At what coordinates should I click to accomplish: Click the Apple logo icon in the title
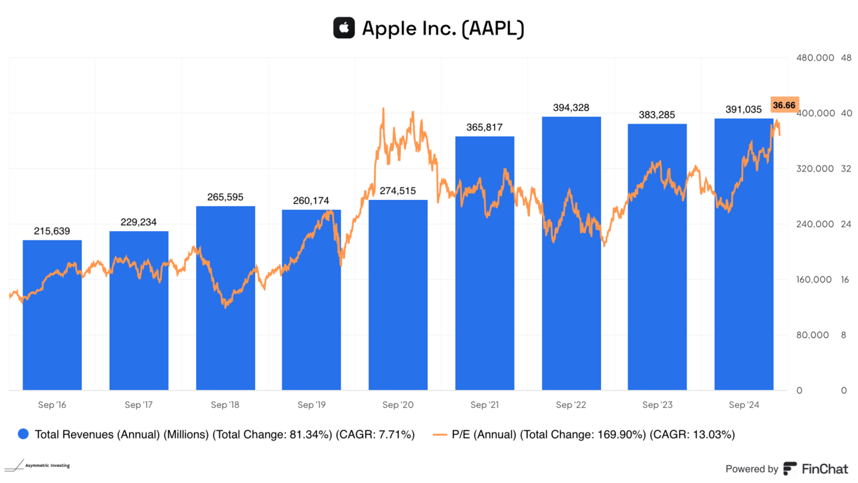pyautogui.click(x=344, y=28)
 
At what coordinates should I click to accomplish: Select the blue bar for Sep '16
pyautogui.click(x=52, y=315)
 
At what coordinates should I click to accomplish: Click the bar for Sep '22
pyautogui.click(x=571, y=253)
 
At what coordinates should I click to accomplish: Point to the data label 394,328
pyautogui.click(x=571, y=108)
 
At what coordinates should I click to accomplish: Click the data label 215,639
pyautogui.click(x=52, y=231)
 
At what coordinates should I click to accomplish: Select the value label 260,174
pyautogui.click(x=311, y=201)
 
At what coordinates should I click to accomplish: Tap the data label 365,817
pyautogui.click(x=485, y=128)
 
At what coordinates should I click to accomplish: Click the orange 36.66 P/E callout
pyautogui.click(x=784, y=105)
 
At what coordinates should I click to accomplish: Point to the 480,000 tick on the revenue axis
pyautogui.click(x=814, y=58)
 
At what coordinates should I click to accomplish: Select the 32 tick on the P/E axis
pyautogui.click(x=845, y=169)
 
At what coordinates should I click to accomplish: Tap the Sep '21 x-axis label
pyautogui.click(x=485, y=405)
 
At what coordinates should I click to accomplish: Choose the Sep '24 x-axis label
pyautogui.click(x=744, y=405)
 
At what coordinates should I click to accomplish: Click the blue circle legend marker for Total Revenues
pyautogui.click(x=24, y=435)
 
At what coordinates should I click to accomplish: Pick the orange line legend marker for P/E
pyautogui.click(x=440, y=435)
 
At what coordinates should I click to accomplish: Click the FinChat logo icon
pyautogui.click(x=790, y=468)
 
